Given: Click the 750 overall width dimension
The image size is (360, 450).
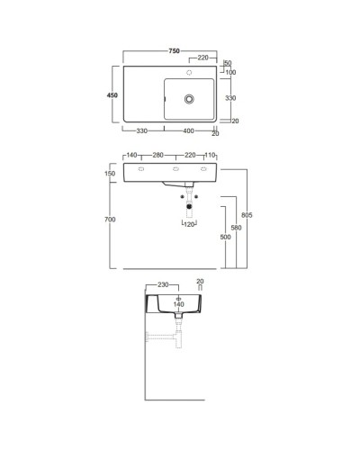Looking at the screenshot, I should pyautogui.click(x=170, y=48).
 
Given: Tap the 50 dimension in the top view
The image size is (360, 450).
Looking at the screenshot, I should pyautogui.click(x=228, y=62).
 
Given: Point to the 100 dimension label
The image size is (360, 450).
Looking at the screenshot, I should pyautogui.click(x=230, y=72).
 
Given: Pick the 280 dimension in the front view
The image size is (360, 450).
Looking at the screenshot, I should pyautogui.click(x=158, y=156).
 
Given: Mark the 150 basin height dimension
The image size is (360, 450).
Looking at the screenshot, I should pyautogui.click(x=111, y=174).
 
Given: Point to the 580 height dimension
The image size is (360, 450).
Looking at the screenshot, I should pyautogui.click(x=237, y=228).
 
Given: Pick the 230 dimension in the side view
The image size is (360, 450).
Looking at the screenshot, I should pyautogui.click(x=161, y=285).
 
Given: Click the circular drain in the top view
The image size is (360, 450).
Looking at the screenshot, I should pyautogui.click(x=190, y=96).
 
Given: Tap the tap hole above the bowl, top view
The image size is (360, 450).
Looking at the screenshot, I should pyautogui.click(x=190, y=69).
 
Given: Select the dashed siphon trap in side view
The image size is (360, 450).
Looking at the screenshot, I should pyautogui.click(x=165, y=339).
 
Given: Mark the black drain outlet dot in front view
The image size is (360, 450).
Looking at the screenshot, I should pyautogui.click(x=188, y=206).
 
